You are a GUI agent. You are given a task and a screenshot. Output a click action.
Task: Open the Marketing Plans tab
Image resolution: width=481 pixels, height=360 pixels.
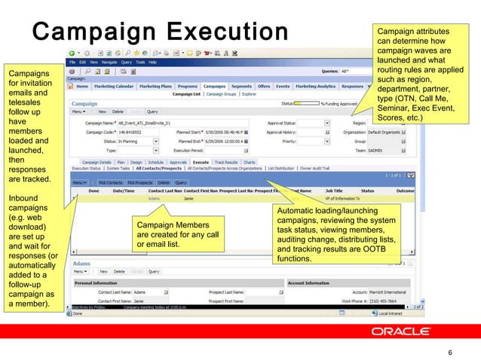156,86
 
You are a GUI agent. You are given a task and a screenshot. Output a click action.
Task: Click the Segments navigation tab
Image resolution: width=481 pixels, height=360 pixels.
242,86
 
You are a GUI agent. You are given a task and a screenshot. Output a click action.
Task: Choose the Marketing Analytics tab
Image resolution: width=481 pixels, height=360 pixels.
315,86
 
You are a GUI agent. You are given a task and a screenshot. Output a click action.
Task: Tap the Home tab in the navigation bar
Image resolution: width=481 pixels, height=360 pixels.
79,86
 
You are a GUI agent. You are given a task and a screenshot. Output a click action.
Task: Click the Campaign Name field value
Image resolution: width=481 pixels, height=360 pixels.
144,121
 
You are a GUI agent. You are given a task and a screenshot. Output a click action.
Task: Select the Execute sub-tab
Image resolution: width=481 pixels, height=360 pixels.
201,162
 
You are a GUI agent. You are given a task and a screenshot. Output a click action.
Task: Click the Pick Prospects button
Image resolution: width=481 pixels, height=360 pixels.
140,182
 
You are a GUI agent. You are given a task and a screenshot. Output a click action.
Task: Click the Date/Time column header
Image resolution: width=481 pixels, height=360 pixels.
124,191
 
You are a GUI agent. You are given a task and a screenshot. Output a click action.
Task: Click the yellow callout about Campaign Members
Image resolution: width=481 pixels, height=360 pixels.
179,234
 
